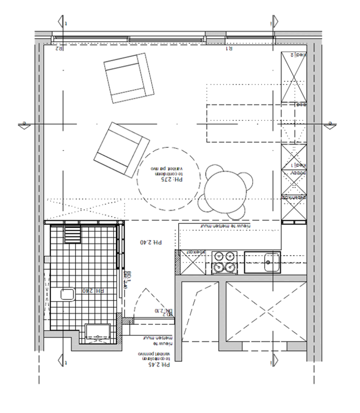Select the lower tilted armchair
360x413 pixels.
point(121,149)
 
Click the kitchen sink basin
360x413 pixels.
point(272,261)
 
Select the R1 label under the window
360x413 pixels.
point(230,49)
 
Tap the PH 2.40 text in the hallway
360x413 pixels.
point(151,242)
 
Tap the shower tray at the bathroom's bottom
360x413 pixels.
point(99,332)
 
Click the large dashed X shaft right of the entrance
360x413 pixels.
point(266,312)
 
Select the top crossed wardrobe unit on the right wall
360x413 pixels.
point(293,77)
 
